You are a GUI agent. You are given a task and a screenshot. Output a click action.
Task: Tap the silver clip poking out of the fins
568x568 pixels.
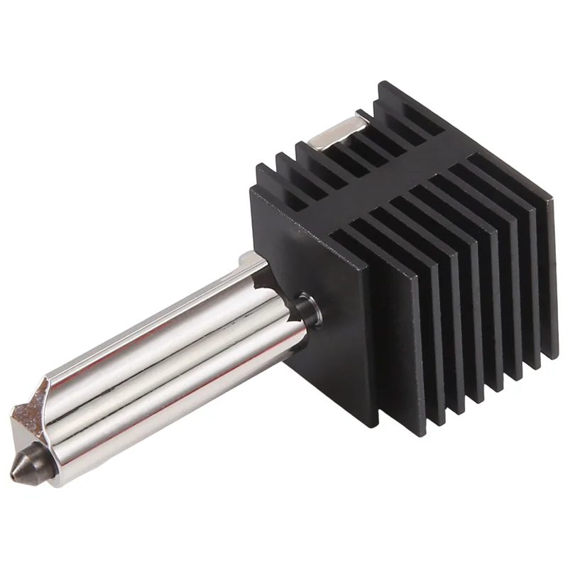341,132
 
